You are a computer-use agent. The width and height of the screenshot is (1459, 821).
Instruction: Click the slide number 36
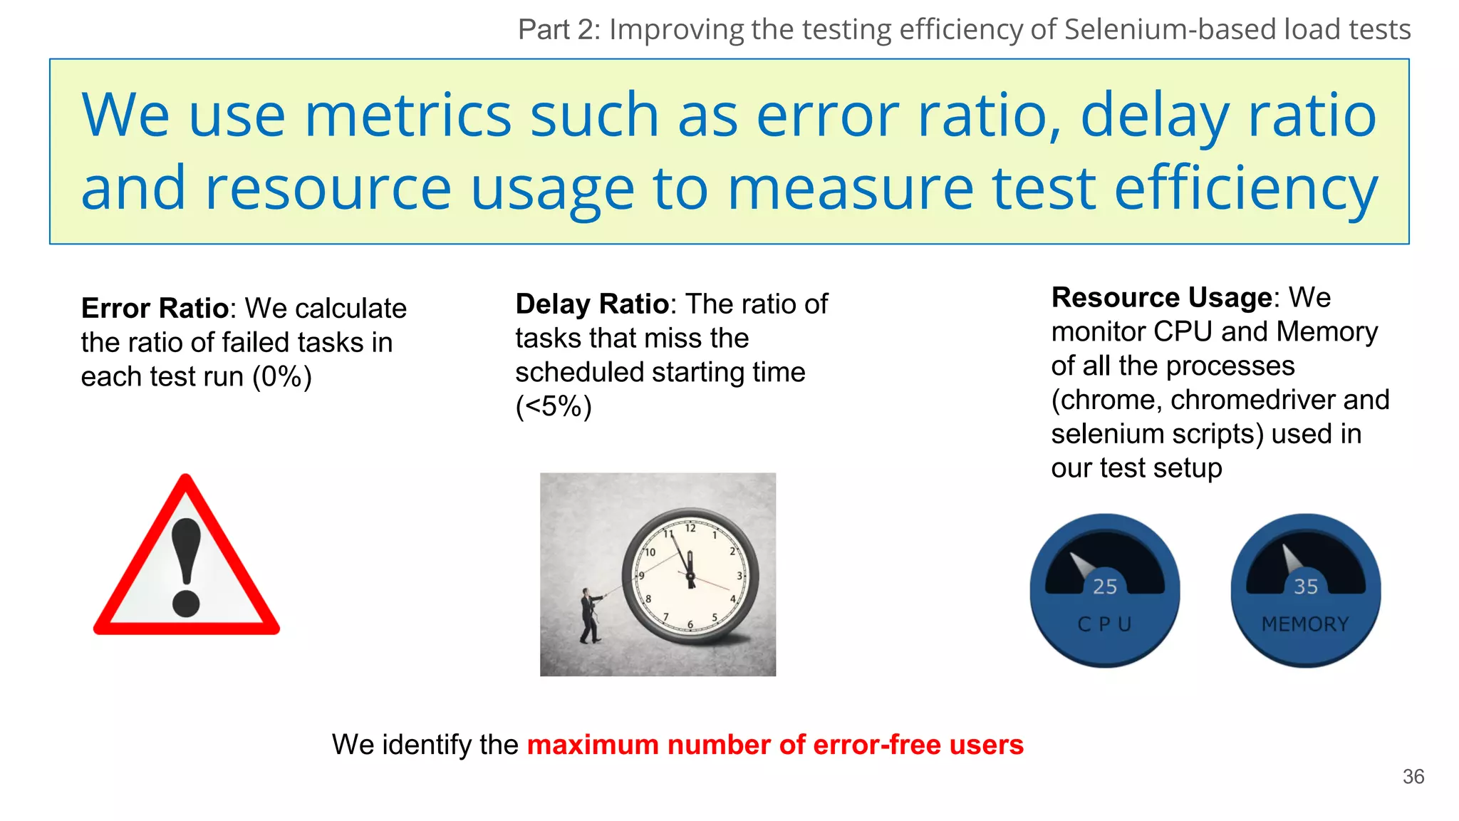(x=1413, y=776)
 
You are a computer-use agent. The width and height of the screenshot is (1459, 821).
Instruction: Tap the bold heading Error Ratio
(x=155, y=309)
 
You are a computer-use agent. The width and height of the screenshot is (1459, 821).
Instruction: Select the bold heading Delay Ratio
(x=591, y=304)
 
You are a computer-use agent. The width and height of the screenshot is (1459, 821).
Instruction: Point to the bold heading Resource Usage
(x=1161, y=297)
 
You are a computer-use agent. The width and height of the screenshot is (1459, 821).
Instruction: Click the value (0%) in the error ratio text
(x=282, y=377)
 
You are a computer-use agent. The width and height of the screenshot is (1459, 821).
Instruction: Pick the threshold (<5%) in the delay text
(x=554, y=407)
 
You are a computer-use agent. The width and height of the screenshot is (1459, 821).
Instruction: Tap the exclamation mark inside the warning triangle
(x=187, y=567)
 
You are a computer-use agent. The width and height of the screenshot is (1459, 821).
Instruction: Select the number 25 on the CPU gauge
(x=1105, y=587)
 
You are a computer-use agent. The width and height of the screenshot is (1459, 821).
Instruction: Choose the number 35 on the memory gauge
(x=1306, y=587)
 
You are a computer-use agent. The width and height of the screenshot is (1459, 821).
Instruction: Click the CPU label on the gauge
(x=1104, y=624)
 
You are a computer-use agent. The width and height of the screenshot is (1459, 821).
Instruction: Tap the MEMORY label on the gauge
(x=1305, y=624)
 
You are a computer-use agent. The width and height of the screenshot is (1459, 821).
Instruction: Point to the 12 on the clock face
(x=690, y=528)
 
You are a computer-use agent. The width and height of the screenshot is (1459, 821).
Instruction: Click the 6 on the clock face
(x=690, y=625)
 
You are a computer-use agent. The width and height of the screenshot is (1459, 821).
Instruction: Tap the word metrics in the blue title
(x=407, y=115)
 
